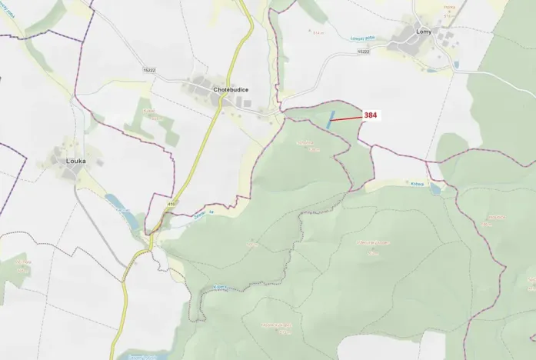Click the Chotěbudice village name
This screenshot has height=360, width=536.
231,90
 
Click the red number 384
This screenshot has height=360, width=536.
371,115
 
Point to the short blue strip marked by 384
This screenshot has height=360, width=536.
331,119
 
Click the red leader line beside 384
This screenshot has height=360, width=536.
347,118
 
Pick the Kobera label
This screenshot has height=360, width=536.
417,183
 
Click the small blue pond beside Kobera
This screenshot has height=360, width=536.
436,188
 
